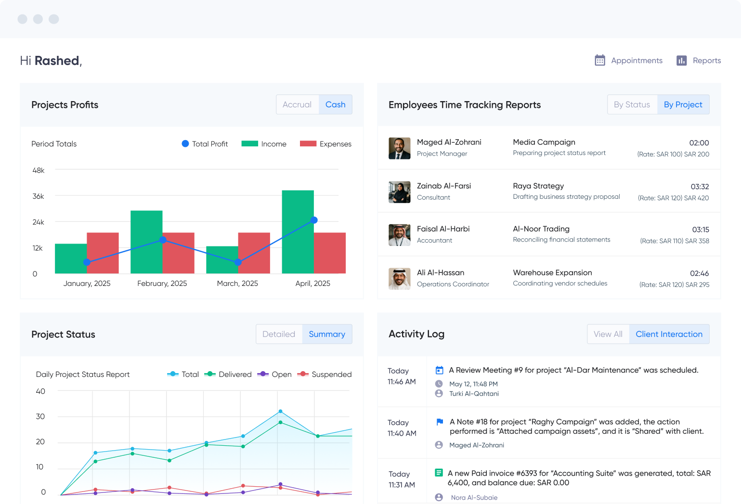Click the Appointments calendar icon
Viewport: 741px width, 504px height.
[599, 60]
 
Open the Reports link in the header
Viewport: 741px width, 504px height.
[706, 61]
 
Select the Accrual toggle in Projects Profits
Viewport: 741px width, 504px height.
[297, 104]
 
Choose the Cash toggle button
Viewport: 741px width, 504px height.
[335, 104]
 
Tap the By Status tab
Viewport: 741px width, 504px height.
[632, 104]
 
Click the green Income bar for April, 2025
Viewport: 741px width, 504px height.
[298, 231]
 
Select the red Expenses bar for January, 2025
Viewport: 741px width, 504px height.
[103, 253]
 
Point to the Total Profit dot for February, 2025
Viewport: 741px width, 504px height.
[163, 240]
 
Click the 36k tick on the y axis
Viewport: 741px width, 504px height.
[38, 196]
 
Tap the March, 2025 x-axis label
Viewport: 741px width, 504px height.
[237, 284]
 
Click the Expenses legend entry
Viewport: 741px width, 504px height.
[326, 144]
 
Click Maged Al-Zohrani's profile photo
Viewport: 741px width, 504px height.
[399, 148]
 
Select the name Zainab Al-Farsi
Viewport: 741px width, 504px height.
[443, 186]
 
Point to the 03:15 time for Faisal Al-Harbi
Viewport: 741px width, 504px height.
[700, 230]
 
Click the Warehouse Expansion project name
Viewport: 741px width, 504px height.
[552, 272]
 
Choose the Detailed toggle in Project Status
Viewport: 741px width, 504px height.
[279, 334]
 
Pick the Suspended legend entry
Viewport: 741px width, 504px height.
[325, 375]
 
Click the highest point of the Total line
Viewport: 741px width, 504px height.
[280, 412]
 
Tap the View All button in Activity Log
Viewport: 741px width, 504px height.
[608, 334]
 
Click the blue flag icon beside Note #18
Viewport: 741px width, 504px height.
[439, 422]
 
